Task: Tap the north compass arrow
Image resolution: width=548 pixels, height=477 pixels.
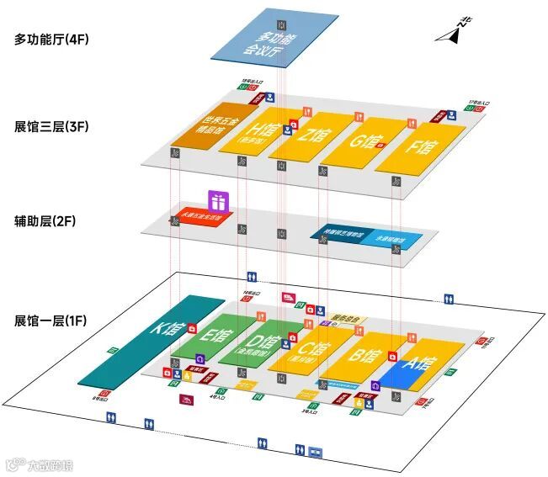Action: pos(453,34)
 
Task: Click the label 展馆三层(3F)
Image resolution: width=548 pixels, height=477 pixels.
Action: pos(51,128)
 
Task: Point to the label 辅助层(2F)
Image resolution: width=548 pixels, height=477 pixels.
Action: pos(45,222)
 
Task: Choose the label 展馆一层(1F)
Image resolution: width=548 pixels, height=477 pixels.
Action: pos(51,321)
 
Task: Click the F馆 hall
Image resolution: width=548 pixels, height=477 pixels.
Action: pos(421,145)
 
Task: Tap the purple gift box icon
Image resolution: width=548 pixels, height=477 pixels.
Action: pos(218,201)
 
